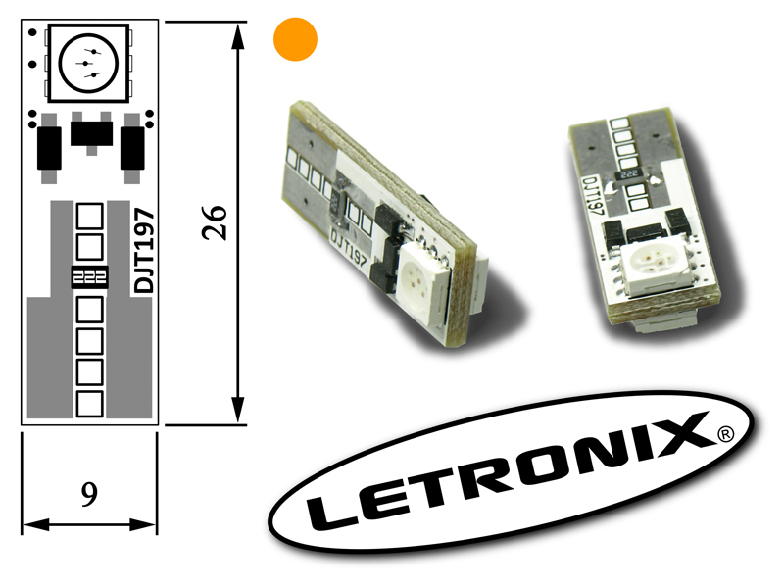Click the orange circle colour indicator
point(295,39)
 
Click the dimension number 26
point(215,222)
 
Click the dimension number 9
point(89,495)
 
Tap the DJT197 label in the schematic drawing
point(144,251)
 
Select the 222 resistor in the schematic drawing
point(89,277)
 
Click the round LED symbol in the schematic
point(88,63)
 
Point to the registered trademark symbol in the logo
point(725,434)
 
